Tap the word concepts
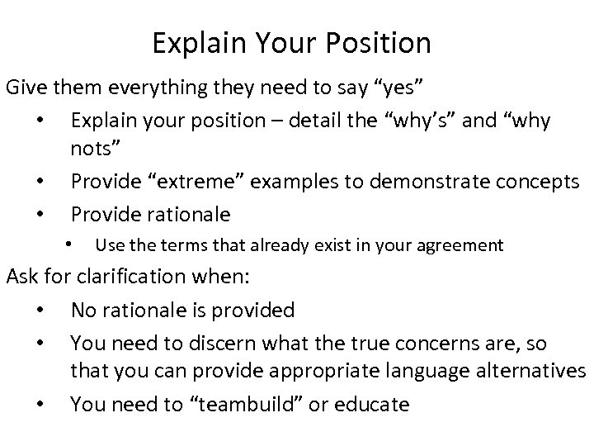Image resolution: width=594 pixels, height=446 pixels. [x=539, y=182]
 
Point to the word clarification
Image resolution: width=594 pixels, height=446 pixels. [x=153, y=277]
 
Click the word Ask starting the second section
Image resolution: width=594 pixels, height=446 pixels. [x=22, y=277]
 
